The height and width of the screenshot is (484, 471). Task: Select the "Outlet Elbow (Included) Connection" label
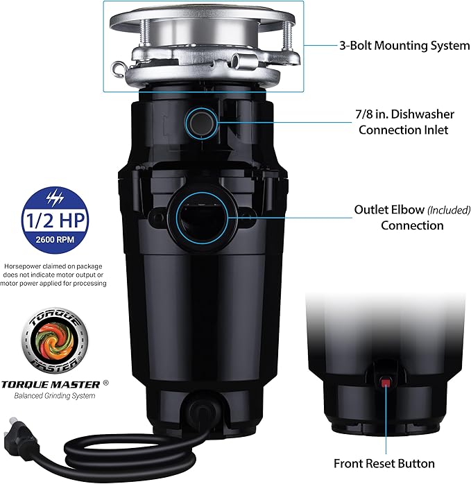click(398, 217)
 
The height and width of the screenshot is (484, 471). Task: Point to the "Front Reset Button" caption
click(384, 463)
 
